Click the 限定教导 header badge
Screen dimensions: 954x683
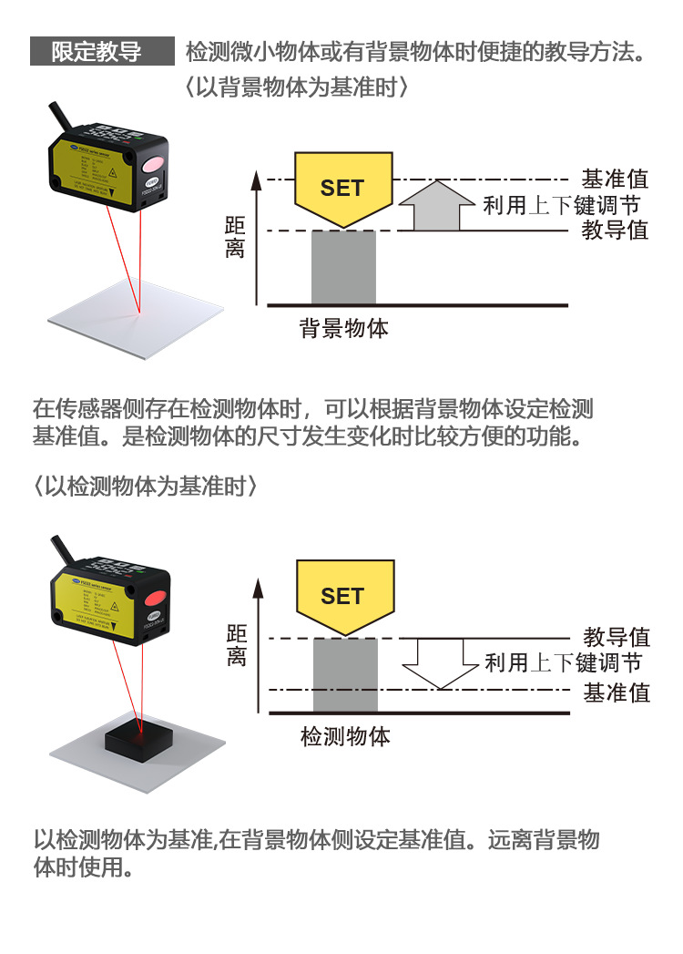pos(101,51)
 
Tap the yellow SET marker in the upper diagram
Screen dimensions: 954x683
pos(342,188)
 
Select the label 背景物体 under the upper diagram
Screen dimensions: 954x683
pos(344,328)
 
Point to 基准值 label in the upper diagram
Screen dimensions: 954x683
pos(616,179)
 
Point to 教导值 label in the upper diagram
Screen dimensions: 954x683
pos(616,230)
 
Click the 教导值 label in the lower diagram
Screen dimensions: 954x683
pos(617,636)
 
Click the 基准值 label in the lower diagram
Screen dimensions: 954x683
pos(617,692)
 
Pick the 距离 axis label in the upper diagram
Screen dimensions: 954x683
pos(235,237)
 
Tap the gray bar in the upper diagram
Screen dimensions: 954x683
pos(343,267)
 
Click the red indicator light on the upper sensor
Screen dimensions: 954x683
pos(149,166)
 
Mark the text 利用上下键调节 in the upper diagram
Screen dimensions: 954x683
pos(561,205)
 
